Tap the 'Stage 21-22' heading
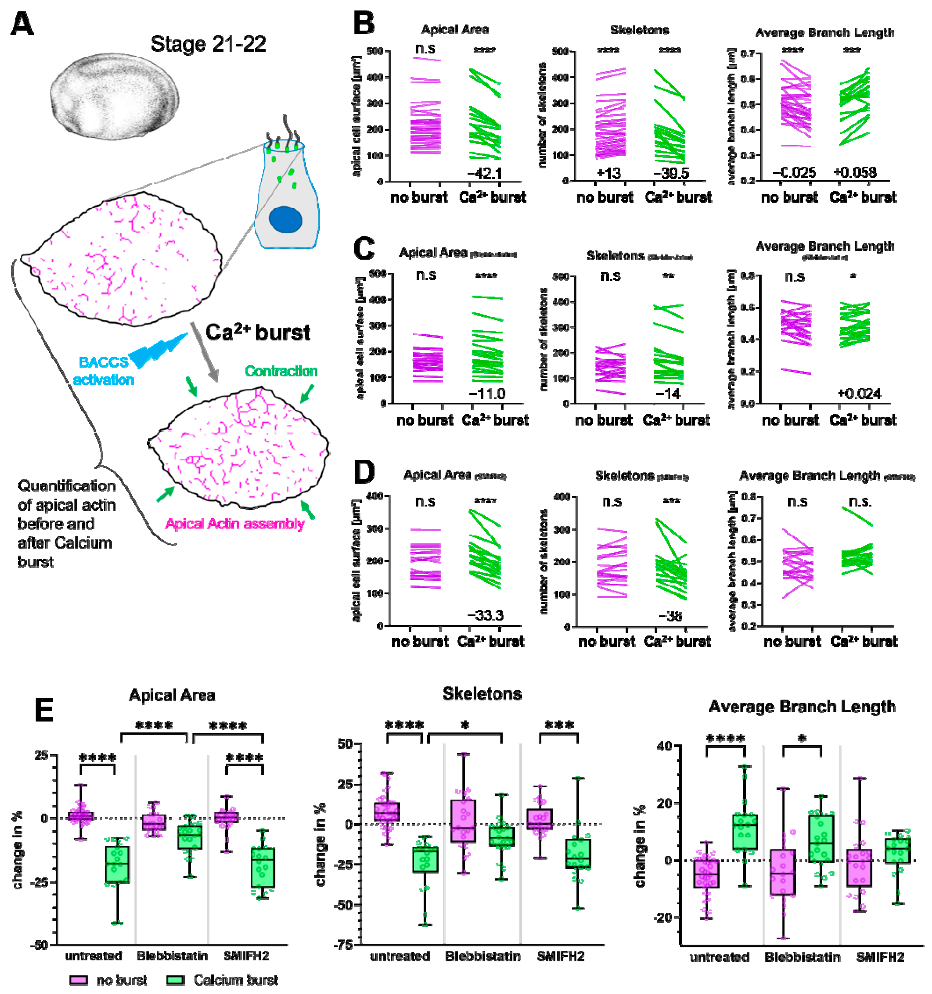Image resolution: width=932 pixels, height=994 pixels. tap(208, 44)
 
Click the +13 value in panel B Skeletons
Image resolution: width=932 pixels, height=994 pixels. tap(609, 173)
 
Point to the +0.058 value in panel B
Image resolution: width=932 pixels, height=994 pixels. tap(854, 173)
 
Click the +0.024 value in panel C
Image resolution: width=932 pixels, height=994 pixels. tap(859, 394)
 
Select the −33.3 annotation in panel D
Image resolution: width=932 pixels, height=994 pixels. tap(485, 615)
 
